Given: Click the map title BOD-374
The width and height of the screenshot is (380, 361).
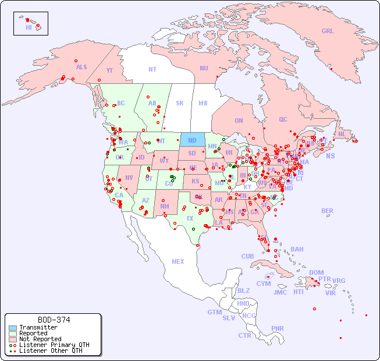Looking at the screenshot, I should tap(54, 320).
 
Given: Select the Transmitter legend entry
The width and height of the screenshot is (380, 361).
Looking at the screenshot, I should tap(38, 327).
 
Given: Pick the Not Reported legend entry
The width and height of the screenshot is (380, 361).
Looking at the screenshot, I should tap(40, 339).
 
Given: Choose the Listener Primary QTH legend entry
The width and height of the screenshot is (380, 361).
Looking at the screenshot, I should tap(54, 345).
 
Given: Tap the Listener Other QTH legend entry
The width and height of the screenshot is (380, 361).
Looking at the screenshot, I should tap(51, 351).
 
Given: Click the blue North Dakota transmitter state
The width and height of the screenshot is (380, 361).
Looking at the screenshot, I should tap(192, 140).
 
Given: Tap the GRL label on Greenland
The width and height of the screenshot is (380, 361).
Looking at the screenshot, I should tap(328, 31).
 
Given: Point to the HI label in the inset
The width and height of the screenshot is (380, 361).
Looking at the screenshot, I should tap(29, 27).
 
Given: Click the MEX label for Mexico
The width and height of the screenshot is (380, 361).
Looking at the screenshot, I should tap(178, 261).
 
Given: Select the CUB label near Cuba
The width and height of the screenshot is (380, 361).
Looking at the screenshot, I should tap(247, 256).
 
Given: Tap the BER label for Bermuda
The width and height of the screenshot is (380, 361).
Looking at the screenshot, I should tap(327, 211).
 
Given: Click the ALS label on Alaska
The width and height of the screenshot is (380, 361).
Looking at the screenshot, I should tap(81, 67).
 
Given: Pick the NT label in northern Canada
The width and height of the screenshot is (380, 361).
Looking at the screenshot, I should tap(152, 69).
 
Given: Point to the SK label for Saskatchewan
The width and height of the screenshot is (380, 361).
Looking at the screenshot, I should tap(180, 103).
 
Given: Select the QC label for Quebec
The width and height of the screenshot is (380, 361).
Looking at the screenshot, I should tap(283, 119).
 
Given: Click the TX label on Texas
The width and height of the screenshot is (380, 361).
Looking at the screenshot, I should tap(190, 218).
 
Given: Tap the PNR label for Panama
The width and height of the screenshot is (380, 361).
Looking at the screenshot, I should tap(278, 328).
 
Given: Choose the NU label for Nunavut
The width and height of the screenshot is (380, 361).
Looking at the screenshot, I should tap(204, 68).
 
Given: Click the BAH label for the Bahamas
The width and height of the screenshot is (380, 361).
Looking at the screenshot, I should tap(297, 249).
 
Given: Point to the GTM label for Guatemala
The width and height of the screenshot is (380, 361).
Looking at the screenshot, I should tap(214, 312).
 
